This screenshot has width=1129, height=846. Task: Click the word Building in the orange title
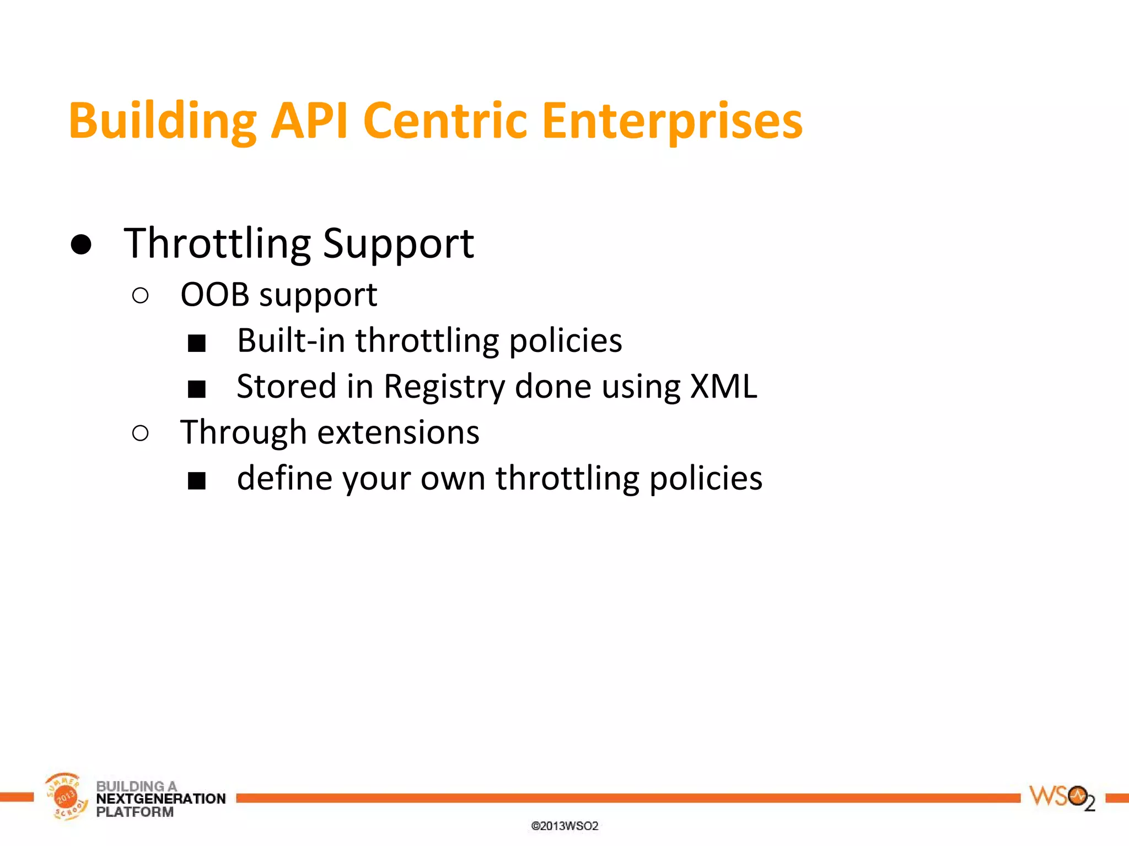(163, 121)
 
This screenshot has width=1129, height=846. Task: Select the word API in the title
(309, 121)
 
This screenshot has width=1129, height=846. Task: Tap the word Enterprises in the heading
(672, 121)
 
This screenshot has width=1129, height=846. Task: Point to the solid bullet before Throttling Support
(81, 244)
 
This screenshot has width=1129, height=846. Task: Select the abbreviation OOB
(215, 295)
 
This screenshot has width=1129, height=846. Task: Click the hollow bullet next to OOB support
(141, 296)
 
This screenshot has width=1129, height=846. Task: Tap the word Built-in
(291, 340)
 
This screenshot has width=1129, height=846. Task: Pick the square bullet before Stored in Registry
(197, 389)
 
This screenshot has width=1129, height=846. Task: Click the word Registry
(444, 387)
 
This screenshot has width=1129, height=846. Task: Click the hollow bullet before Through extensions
(141, 433)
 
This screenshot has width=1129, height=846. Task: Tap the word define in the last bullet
(284, 478)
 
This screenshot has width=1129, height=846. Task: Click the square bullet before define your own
(197, 481)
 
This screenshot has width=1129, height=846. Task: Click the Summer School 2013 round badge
(66, 796)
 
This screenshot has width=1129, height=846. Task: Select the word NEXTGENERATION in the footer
(160, 799)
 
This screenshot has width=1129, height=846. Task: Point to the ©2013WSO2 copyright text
(564, 826)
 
